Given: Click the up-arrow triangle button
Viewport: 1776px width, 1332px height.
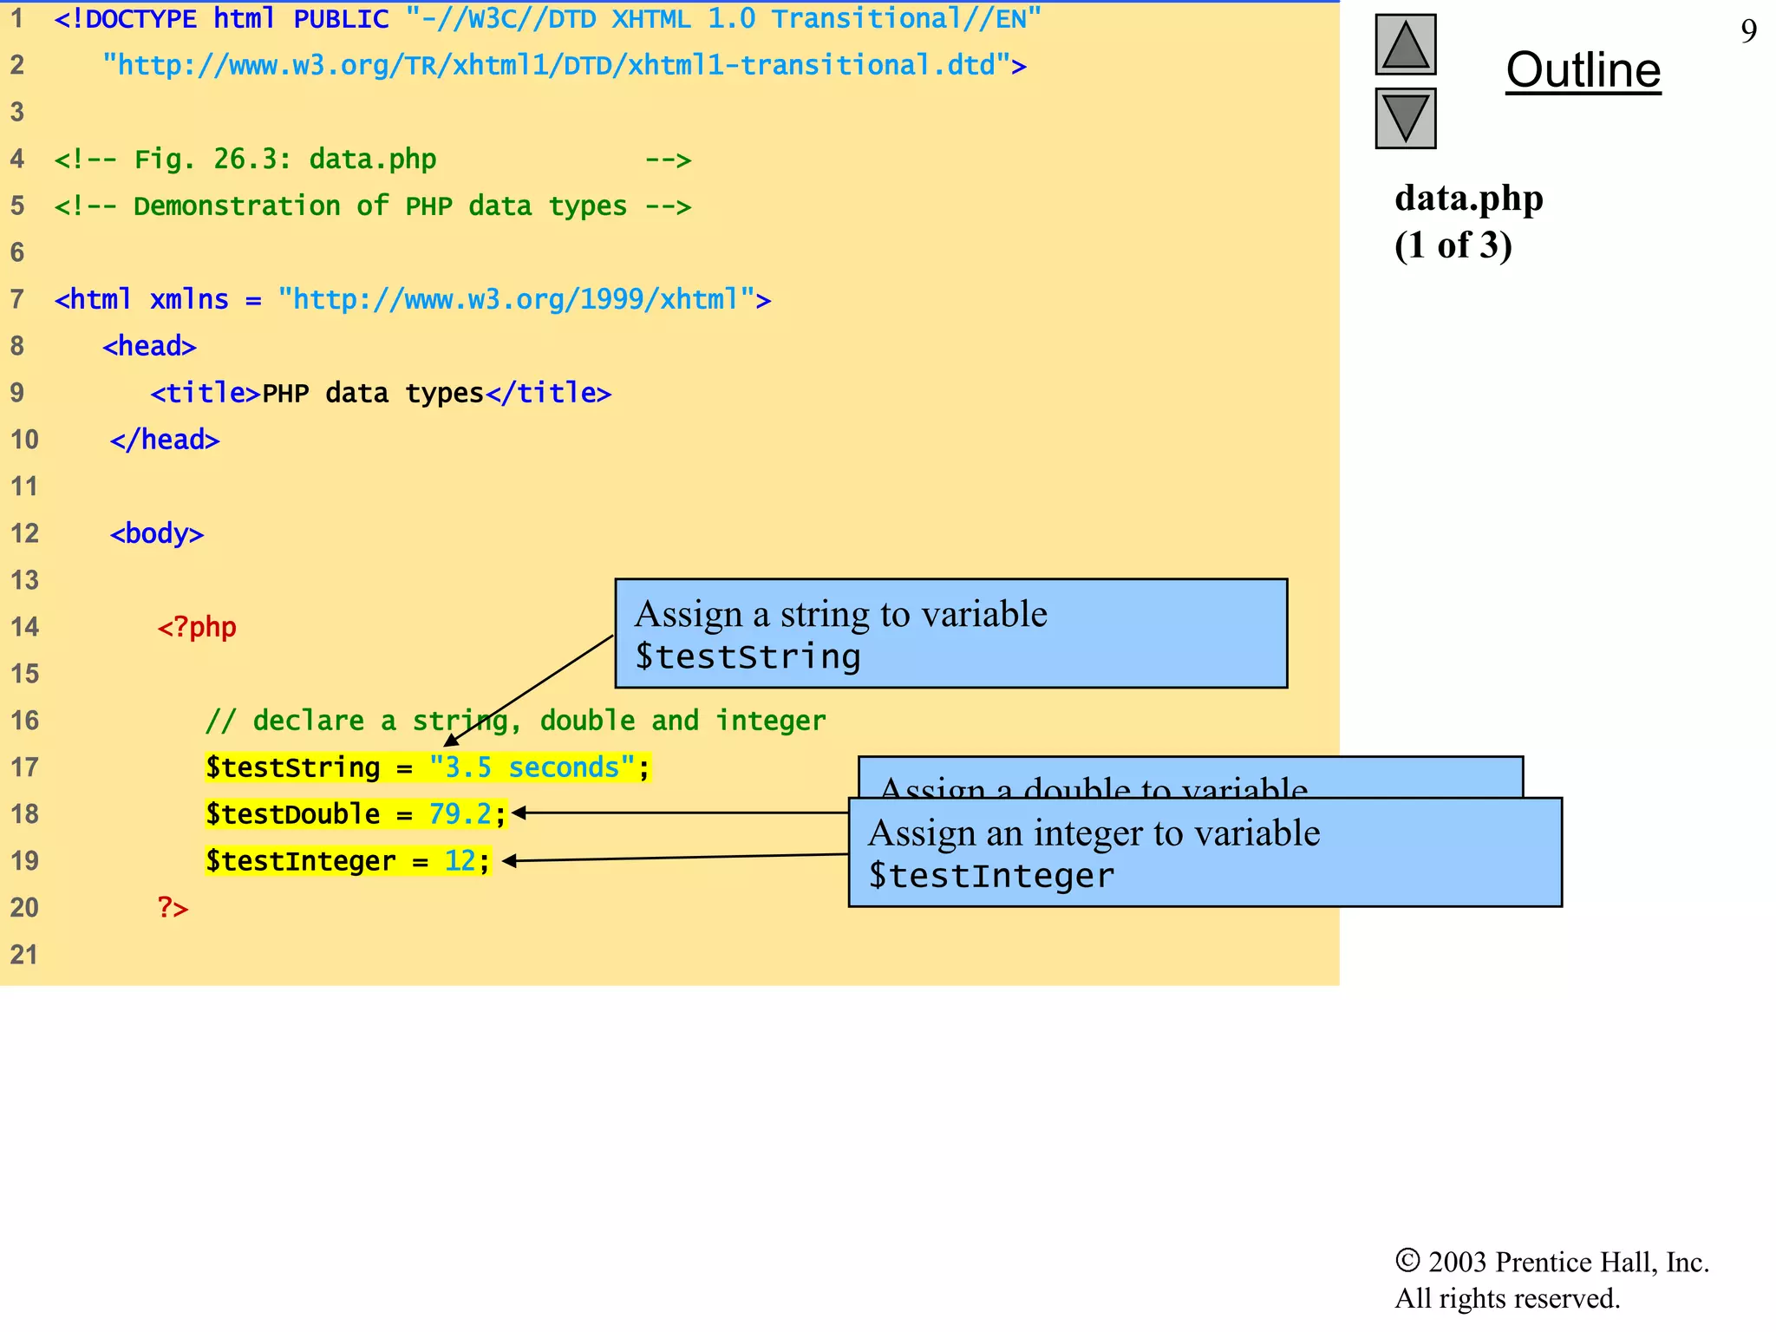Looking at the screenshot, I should [x=1405, y=45].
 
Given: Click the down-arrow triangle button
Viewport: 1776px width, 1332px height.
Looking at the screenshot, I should [x=1405, y=118].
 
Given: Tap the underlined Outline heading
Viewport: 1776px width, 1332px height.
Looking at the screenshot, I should [x=1583, y=70].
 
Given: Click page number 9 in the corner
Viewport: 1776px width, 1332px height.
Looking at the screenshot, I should [x=1748, y=32].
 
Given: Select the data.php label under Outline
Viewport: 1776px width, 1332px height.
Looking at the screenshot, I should [x=1468, y=199].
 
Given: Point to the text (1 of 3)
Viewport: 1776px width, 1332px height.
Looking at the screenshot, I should [x=1453, y=245].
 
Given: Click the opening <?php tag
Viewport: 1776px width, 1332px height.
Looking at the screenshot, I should [x=197, y=627].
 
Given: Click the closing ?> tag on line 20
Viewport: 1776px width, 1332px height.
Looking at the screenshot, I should [x=173, y=908].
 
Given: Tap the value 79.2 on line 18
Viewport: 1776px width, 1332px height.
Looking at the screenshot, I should [x=460, y=814].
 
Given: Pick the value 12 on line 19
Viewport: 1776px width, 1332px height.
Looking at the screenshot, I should [x=460, y=861].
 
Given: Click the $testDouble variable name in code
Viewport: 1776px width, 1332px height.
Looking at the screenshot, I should [x=292, y=814].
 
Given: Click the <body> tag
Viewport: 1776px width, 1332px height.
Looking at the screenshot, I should [x=157, y=533].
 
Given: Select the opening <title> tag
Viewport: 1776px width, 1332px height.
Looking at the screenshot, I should [x=206, y=393].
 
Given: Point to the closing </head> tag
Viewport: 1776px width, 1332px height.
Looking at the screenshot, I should [x=165, y=440].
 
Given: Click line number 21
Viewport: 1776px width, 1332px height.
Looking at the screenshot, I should [x=24, y=955].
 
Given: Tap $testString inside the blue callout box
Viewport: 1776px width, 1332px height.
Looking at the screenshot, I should [x=748, y=656].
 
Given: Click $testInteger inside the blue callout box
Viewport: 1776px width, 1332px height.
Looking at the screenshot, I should [x=991, y=876].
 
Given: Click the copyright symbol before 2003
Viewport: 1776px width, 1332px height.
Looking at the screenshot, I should [x=1407, y=1261].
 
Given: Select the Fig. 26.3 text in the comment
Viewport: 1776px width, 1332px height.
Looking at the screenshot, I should [x=212, y=160].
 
